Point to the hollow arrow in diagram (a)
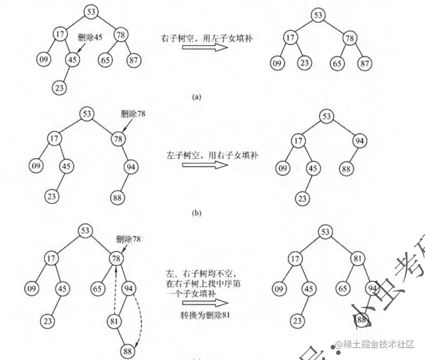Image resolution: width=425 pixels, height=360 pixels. [x=205, y=48]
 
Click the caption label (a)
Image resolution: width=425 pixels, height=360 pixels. [x=197, y=97]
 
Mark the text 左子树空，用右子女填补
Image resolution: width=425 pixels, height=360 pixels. [x=204, y=155]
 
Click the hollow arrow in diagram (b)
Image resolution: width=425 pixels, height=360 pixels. [x=205, y=165]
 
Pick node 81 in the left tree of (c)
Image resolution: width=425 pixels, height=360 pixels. [x=115, y=321]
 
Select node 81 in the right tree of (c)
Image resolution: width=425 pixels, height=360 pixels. [x=358, y=259]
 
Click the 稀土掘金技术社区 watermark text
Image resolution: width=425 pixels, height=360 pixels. [x=373, y=345]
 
